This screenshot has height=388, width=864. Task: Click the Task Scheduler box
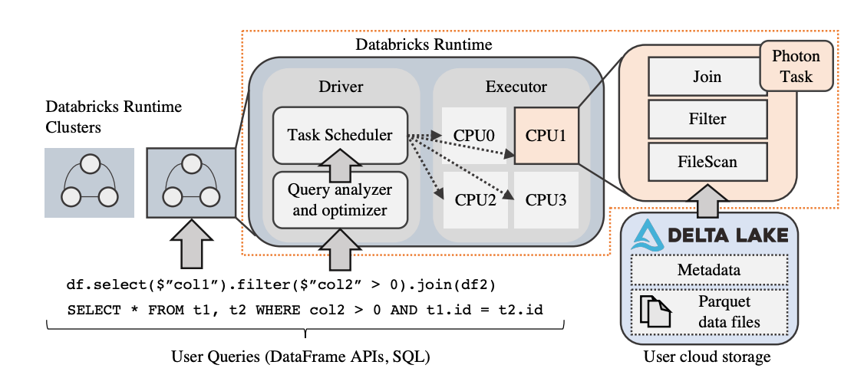tap(340, 135)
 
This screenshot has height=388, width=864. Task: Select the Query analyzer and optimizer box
tap(340, 199)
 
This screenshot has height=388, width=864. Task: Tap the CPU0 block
tap(474, 136)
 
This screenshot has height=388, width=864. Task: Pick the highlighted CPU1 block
tap(546, 136)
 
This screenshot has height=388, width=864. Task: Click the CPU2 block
tap(474, 201)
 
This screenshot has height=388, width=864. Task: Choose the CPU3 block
tap(546, 201)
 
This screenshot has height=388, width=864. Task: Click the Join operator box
tap(707, 77)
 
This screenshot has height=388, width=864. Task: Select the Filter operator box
tap(707, 120)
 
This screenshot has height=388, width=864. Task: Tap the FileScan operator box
tap(707, 163)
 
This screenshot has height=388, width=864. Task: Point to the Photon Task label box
tap(795, 67)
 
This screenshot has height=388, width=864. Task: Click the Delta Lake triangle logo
tap(645, 235)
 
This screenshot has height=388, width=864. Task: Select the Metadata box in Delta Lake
tap(708, 270)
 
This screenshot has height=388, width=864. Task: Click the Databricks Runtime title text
tap(424, 44)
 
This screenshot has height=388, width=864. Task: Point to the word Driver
tap(341, 87)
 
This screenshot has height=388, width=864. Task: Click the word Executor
tap(516, 87)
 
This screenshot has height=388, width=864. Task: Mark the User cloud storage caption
tap(707, 357)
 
